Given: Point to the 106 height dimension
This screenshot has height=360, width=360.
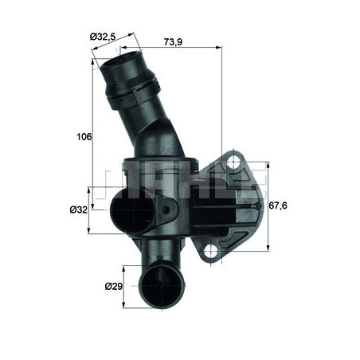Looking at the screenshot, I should (84, 136).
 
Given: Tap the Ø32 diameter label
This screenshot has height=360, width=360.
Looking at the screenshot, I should (78, 209).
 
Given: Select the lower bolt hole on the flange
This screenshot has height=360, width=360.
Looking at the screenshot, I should (212, 252).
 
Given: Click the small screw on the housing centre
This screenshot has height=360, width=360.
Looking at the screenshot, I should (167, 209).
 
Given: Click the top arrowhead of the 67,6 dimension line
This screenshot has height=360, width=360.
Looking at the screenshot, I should (267, 162).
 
